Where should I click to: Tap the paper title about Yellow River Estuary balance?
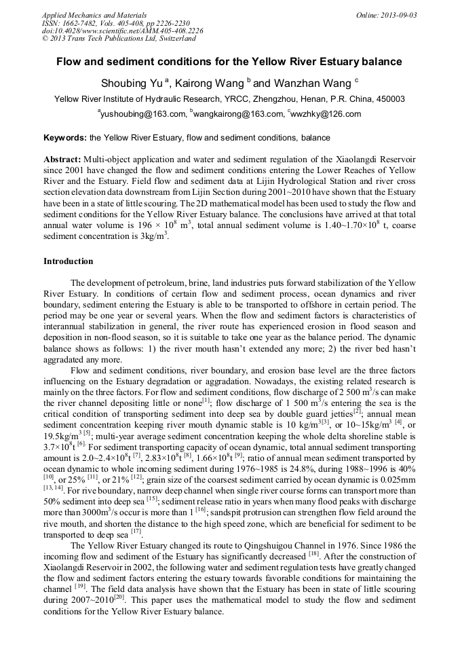click(x=229, y=62)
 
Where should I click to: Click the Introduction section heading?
click(x=69, y=261)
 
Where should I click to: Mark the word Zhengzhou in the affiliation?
click(x=269, y=99)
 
